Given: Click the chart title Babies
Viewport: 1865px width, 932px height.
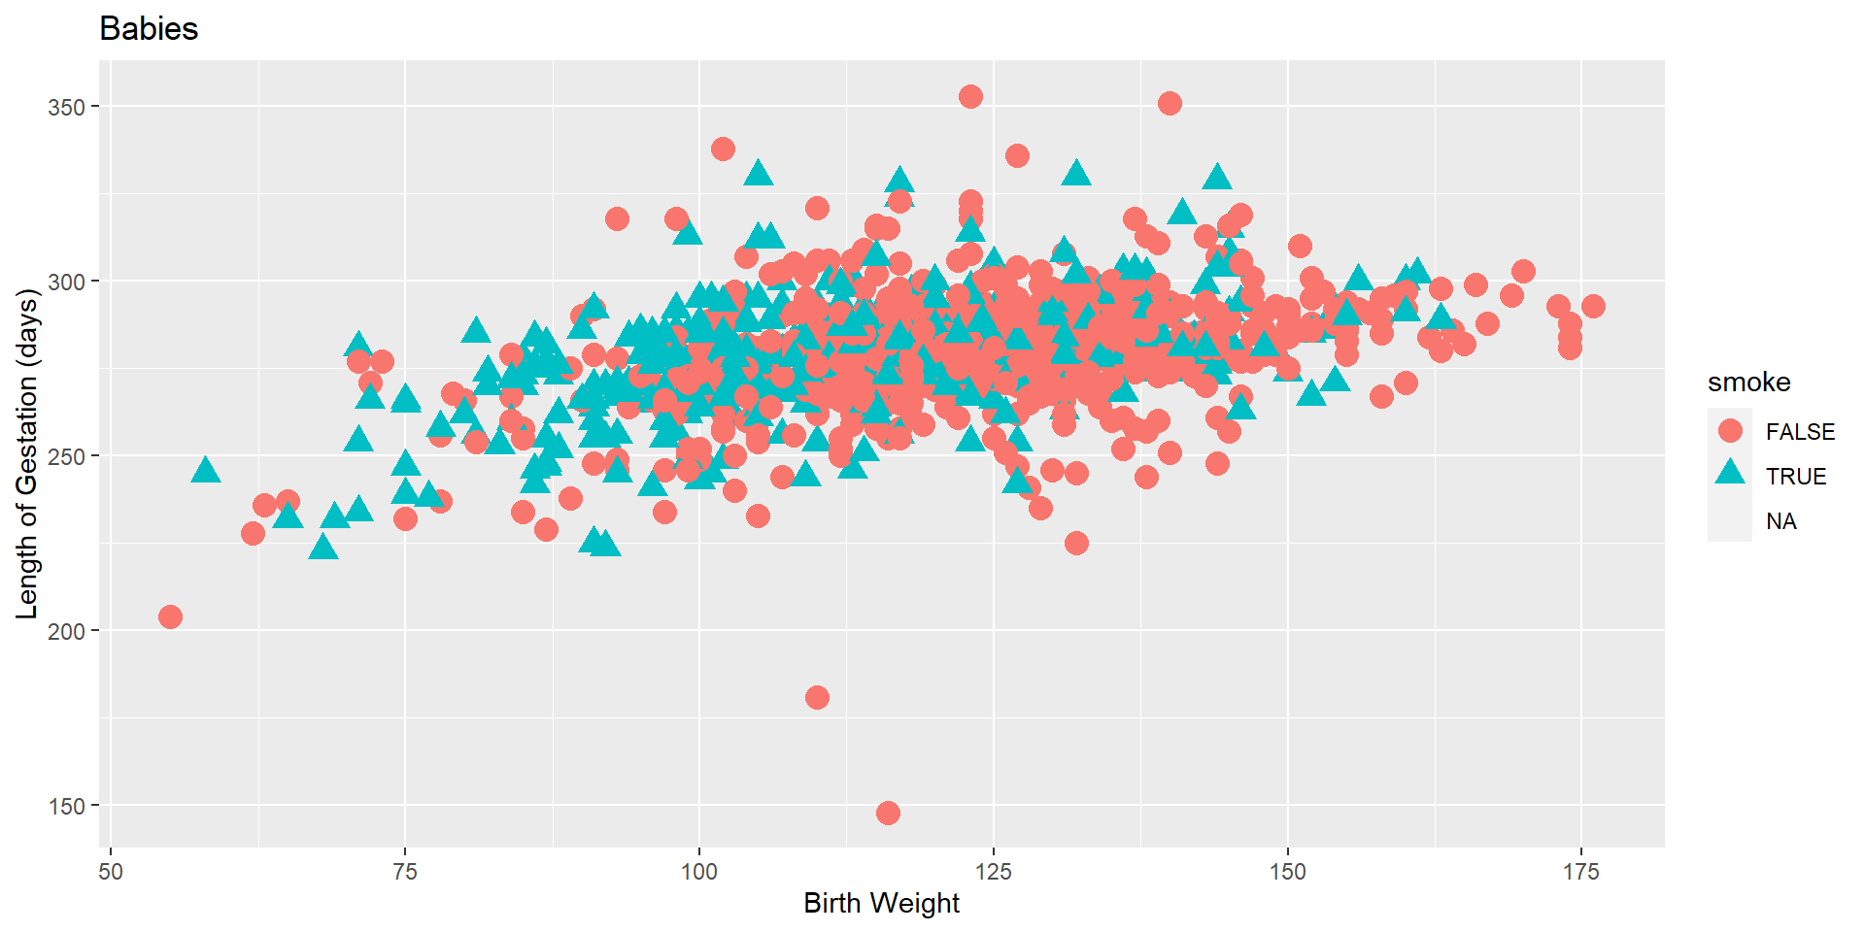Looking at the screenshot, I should tap(149, 29).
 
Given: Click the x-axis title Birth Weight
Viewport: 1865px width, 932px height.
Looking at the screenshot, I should tap(881, 903).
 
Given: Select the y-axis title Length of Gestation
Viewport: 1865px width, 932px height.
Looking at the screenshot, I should tap(27, 454).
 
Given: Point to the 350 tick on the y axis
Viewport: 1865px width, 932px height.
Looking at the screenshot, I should tap(67, 107).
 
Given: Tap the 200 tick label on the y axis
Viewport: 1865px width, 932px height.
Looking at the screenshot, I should tap(67, 631).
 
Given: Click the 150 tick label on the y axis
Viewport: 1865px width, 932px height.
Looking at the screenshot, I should tap(67, 806).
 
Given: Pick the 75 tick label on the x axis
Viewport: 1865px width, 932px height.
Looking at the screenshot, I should tap(405, 872).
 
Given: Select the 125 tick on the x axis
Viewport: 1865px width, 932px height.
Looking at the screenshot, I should tap(994, 872).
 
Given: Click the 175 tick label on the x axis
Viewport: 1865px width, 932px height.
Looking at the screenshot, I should tap(1581, 872).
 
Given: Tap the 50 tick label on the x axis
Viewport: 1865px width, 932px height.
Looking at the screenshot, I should tap(111, 872).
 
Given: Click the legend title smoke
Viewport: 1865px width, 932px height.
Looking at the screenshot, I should tap(1748, 383).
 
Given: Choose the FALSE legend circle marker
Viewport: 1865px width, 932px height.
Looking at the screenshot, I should tap(1730, 431).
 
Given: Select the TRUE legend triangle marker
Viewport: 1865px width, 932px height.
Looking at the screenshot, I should tap(1730, 475).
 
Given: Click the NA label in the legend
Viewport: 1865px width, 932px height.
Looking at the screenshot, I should tap(1780, 521).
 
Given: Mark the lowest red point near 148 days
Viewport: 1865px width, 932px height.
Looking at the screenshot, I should tap(888, 813).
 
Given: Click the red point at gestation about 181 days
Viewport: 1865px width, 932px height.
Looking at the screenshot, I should tap(817, 697).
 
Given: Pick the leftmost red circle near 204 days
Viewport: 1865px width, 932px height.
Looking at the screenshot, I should tap(170, 616).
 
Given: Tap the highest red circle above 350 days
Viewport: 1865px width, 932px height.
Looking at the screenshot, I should tap(970, 96).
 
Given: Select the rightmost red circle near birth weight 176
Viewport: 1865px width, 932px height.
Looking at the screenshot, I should tap(1593, 306).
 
